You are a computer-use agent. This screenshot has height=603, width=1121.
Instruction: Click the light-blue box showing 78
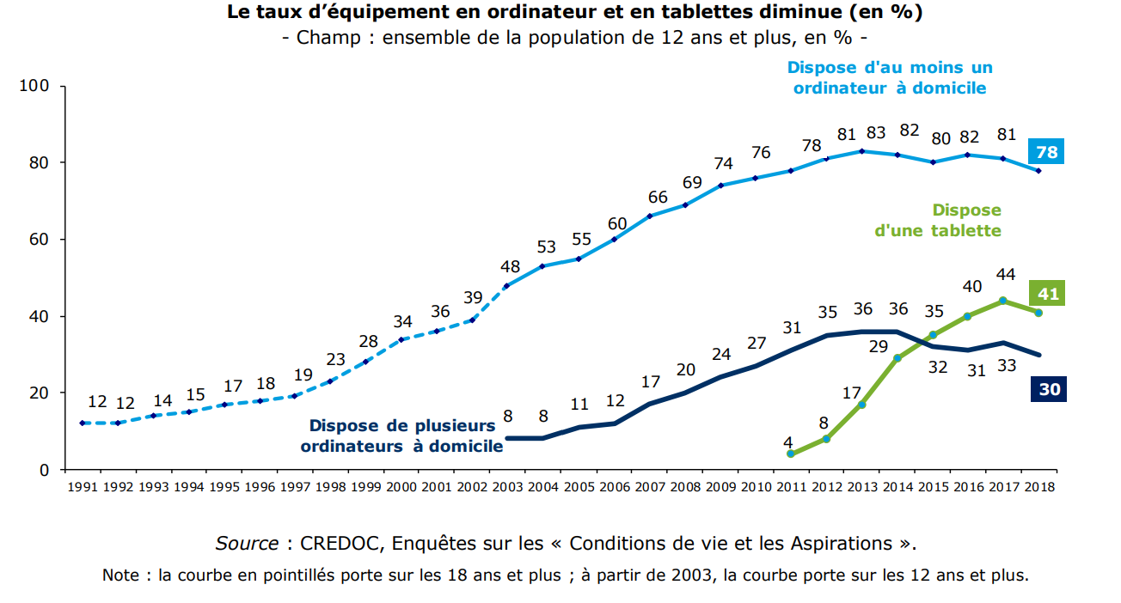coord(1047,153)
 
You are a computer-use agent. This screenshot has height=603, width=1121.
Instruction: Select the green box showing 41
coord(1047,294)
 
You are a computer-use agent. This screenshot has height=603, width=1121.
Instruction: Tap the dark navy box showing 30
coord(1047,389)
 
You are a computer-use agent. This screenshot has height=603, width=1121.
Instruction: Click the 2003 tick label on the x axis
coord(507,486)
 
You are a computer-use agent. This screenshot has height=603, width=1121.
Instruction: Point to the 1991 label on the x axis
coord(83,486)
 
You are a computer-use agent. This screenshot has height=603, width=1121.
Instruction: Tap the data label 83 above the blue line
coord(876,133)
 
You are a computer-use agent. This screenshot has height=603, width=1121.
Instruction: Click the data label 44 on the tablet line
coord(1005,275)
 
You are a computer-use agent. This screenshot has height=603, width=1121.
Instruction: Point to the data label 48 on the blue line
coord(511,266)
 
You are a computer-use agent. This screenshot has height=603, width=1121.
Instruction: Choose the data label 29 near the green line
coord(879,346)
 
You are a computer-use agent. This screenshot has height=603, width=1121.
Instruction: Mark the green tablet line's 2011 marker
coord(790,454)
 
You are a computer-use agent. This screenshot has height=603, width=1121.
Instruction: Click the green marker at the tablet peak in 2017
coord(1003,301)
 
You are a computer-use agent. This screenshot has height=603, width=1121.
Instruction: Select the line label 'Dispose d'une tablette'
coord(938,221)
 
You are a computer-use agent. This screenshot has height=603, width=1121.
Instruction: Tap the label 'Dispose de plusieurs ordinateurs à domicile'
coord(401,435)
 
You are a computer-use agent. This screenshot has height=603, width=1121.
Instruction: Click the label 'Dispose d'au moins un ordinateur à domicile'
coord(890,77)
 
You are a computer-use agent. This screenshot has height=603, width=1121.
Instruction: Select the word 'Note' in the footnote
coord(120,575)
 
